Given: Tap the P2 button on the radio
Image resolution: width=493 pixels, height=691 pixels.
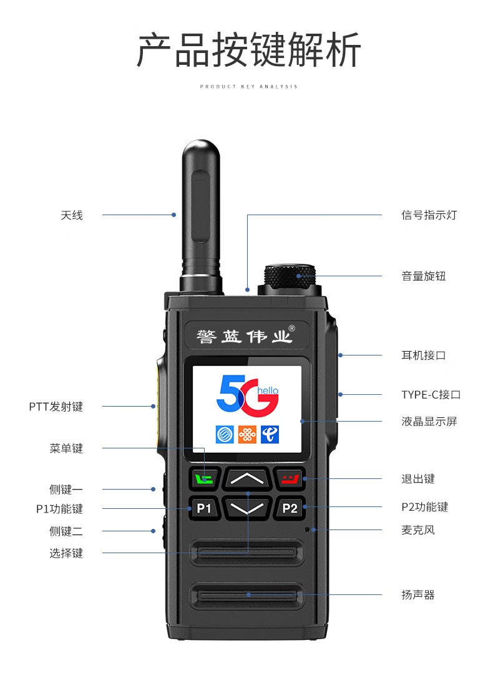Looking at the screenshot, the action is (290, 508).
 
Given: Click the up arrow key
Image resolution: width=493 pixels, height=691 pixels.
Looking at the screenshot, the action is (247, 478).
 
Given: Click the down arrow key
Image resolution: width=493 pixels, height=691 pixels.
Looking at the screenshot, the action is (247, 508).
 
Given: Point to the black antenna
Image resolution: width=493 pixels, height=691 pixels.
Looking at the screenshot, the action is (201, 216).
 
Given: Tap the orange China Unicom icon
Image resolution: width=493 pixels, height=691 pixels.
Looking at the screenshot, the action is (247, 435).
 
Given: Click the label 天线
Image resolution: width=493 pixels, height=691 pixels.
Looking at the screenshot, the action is (71, 215).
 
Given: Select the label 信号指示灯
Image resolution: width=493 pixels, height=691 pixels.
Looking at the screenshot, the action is (429, 215).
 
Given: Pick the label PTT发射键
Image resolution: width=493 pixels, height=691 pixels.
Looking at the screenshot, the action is (56, 407).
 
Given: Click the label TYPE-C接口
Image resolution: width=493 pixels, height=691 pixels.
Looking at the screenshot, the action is (431, 394).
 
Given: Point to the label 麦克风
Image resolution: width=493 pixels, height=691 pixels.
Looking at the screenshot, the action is (418, 529).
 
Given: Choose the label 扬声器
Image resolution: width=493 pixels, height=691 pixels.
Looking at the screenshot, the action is (418, 594).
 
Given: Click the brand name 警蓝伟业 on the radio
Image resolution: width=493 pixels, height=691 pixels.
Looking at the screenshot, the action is (244, 337).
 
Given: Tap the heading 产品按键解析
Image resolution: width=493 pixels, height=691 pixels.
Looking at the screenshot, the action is (249, 50).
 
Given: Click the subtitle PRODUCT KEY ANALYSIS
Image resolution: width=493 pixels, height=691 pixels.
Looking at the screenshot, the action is (249, 86).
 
